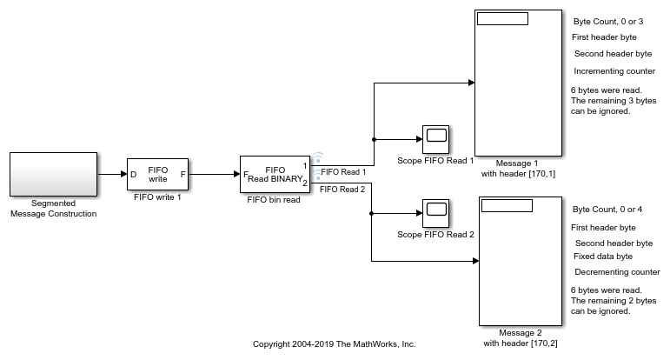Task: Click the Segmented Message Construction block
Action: click(53, 173)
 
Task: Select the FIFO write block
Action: click(157, 174)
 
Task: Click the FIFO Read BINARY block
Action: click(275, 174)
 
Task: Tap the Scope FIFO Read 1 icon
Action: click(435, 138)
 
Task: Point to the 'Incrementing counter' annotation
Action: click(614, 70)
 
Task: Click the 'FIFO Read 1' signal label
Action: click(343, 171)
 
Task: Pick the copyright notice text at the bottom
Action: click(334, 343)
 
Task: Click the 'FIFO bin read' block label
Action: click(275, 199)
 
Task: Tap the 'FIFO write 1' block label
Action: click(157, 197)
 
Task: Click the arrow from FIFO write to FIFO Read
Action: click(214, 174)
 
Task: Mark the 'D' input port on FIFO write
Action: click(133, 174)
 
